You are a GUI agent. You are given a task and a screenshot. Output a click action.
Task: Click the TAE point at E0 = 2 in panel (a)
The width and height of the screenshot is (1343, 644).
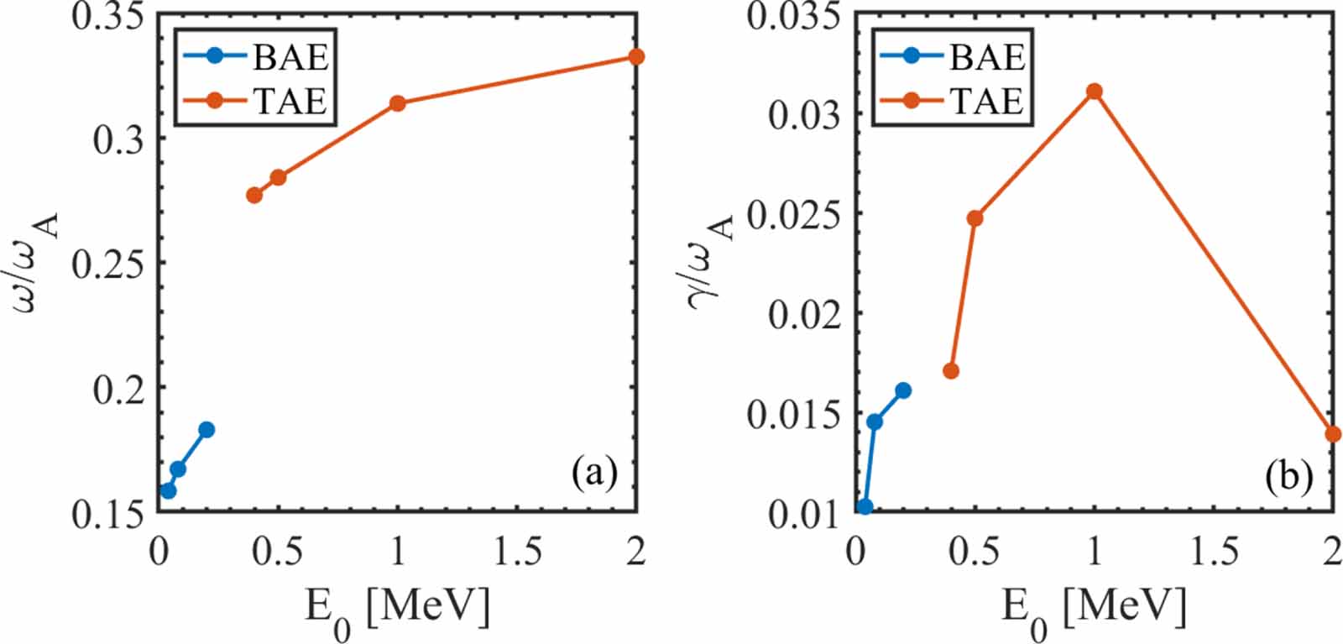(x=636, y=56)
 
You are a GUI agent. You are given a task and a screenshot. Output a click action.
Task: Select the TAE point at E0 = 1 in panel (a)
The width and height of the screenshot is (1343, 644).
(x=398, y=103)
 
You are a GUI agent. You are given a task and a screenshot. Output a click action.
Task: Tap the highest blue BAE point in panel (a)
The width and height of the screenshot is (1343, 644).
(x=206, y=430)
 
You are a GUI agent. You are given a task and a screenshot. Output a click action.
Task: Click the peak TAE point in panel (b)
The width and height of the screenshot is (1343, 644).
(x=1094, y=91)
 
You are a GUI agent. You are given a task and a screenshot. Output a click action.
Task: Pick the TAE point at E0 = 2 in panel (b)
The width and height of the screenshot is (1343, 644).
(x=1333, y=434)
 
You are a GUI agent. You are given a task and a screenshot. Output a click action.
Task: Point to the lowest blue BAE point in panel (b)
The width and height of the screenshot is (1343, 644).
(x=865, y=506)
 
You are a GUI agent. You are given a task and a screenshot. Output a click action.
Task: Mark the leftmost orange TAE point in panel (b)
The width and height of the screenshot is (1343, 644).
(x=951, y=370)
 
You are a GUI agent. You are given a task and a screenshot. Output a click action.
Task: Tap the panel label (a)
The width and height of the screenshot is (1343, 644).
(x=594, y=474)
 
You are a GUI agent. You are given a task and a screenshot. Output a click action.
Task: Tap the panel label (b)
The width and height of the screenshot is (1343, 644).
(x=1288, y=476)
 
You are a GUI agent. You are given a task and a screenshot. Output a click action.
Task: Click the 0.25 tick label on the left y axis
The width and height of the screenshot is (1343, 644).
(x=107, y=263)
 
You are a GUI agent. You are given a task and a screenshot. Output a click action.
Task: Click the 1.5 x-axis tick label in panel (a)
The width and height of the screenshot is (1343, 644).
(x=517, y=552)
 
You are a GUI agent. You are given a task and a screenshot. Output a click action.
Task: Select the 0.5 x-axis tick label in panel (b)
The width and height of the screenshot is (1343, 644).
(x=975, y=552)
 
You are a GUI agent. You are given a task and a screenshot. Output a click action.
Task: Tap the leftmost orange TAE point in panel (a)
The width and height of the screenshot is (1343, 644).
(x=254, y=195)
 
